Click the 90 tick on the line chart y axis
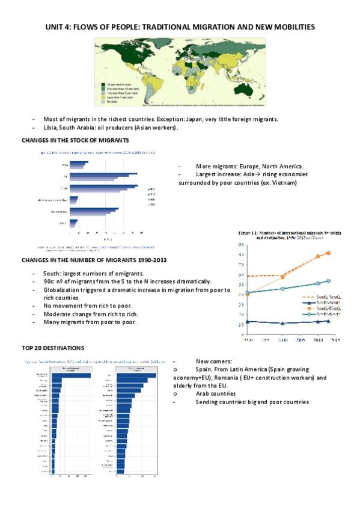(240, 245)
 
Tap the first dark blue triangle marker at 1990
(248, 321)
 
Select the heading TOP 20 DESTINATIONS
(54, 348)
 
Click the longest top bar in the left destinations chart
(71, 376)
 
